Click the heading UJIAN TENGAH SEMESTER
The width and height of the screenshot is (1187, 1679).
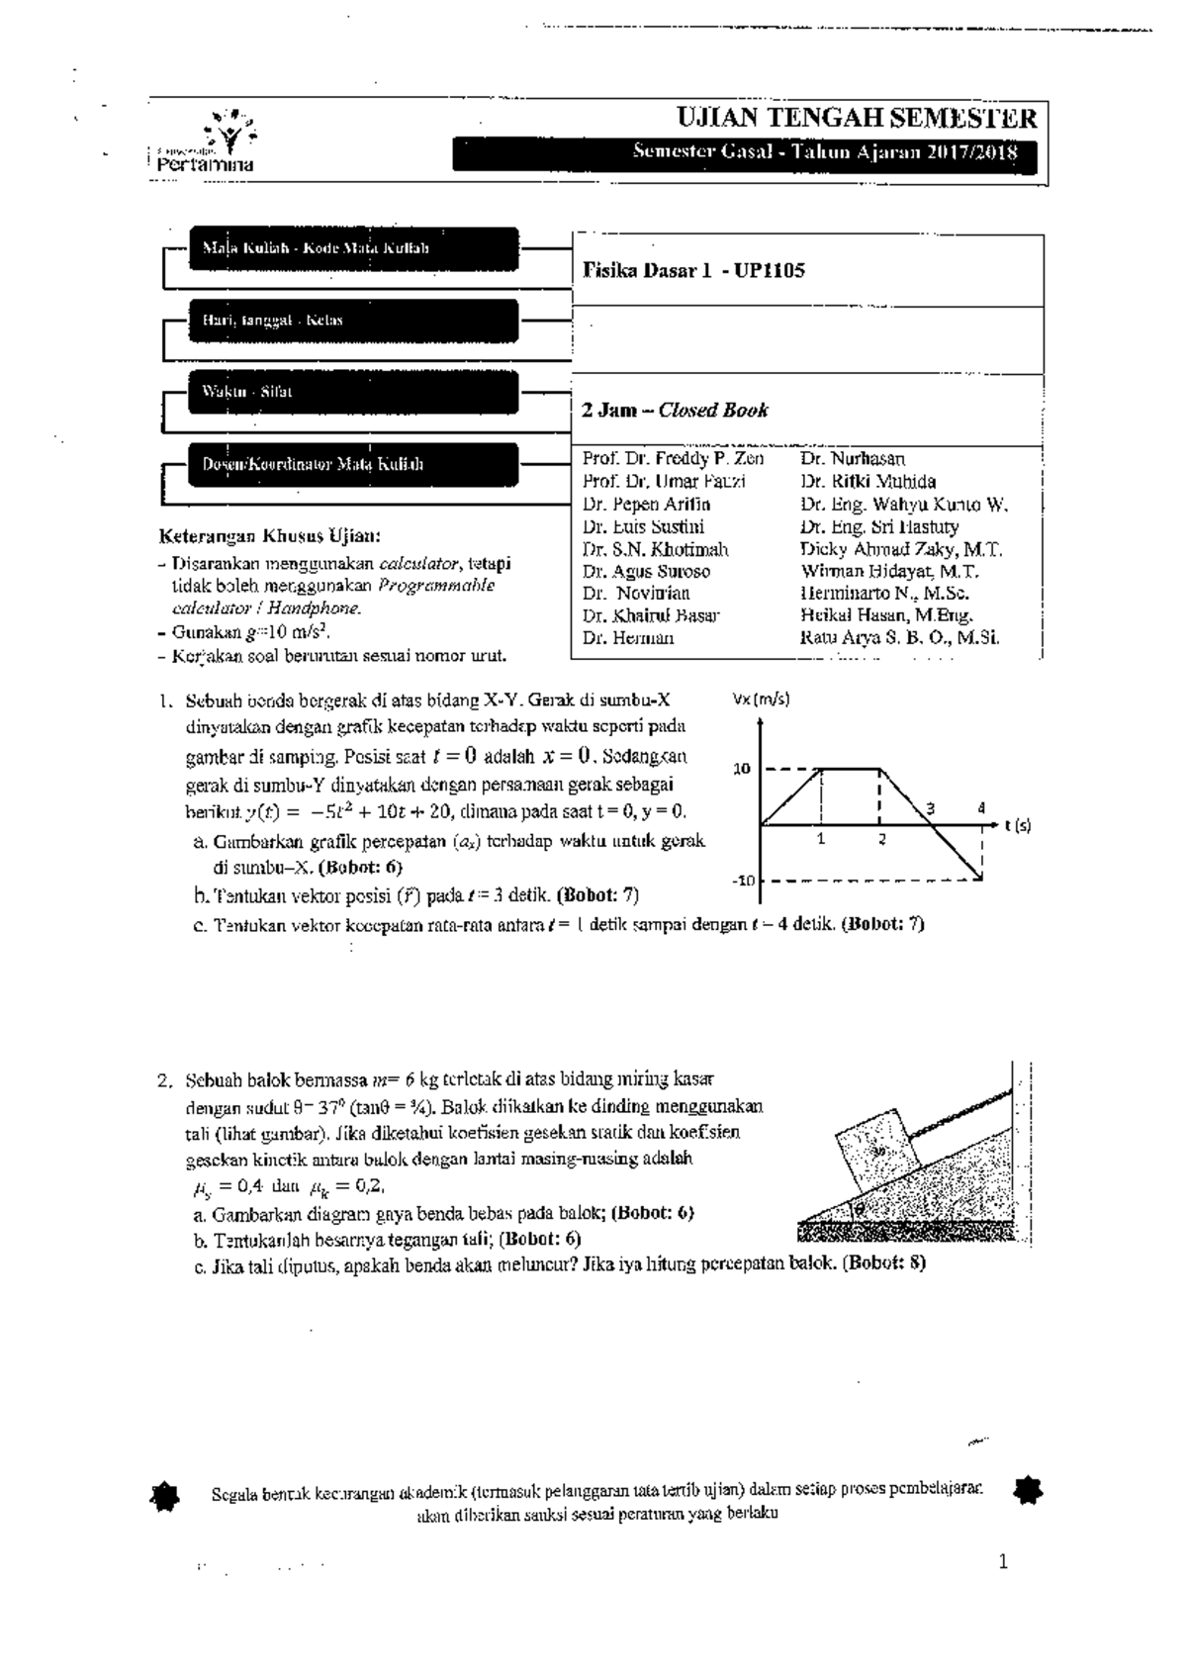pyautogui.click(x=856, y=119)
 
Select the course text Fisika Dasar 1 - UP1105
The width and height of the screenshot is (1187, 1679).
pyautogui.click(x=693, y=270)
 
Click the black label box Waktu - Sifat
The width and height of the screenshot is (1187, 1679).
pyautogui.click(x=353, y=392)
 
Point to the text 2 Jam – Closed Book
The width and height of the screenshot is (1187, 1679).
pyautogui.click(x=676, y=410)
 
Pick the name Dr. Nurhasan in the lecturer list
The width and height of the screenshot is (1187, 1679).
pyautogui.click(x=852, y=459)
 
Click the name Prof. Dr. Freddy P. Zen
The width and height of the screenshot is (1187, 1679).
pyautogui.click(x=673, y=459)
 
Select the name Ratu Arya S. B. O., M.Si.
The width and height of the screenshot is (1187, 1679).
pyautogui.click(x=899, y=638)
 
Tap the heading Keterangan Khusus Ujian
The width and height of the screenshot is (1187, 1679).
pyautogui.click(x=268, y=537)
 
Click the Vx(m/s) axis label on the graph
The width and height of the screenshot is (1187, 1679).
pyautogui.click(x=761, y=700)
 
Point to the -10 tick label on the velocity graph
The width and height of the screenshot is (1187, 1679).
pyautogui.click(x=743, y=881)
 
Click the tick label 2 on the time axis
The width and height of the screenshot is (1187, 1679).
pyautogui.click(x=881, y=839)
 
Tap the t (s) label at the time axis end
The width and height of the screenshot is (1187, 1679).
pyautogui.click(x=1016, y=824)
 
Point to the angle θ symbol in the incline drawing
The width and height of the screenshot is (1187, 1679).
pyautogui.click(x=861, y=1208)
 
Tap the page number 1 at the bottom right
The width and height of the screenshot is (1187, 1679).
pyautogui.click(x=1003, y=1563)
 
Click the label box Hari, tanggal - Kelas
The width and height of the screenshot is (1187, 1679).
pyautogui.click(x=353, y=321)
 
